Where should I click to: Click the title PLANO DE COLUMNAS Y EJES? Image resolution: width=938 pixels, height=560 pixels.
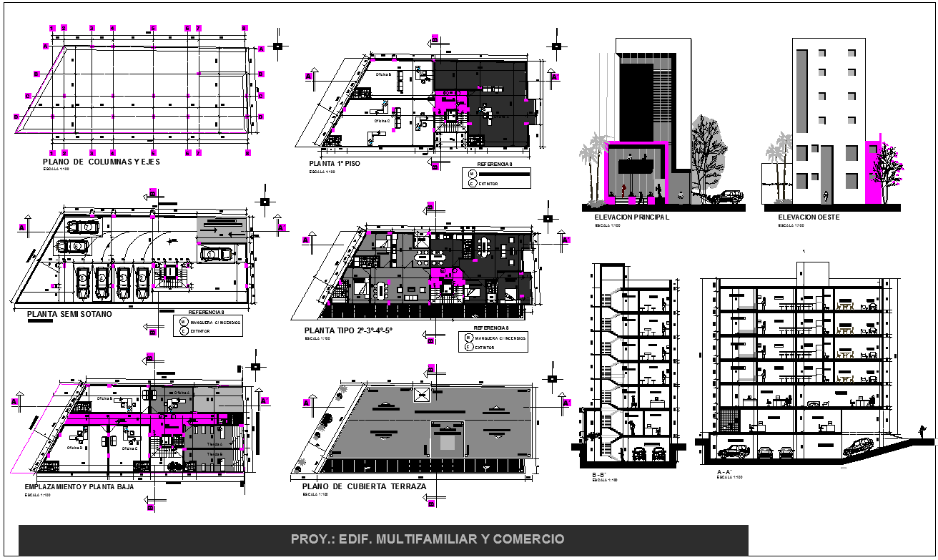tap(102, 162)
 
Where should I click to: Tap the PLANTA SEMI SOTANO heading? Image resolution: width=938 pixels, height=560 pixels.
tap(69, 314)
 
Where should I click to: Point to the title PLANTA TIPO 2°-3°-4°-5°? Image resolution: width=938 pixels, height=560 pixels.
tap(349, 330)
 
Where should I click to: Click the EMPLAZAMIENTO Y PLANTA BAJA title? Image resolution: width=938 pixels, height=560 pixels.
tap(79, 487)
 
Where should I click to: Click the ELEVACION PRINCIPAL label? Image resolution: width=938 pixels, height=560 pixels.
tap(626, 217)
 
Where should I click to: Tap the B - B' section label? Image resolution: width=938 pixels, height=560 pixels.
tap(599, 474)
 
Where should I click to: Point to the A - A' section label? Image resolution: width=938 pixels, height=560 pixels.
tap(724, 473)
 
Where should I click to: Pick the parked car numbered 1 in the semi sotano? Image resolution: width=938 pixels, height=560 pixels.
tap(84, 281)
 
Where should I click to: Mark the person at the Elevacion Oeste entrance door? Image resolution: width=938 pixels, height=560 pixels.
tap(827, 195)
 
